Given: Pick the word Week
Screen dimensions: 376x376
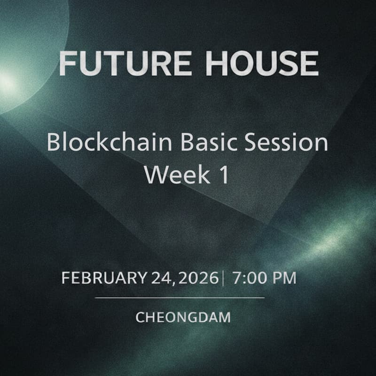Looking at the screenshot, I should point(172,174).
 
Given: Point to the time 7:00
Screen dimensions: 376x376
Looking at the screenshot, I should point(248,278).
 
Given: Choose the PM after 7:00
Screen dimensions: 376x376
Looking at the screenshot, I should point(285,278).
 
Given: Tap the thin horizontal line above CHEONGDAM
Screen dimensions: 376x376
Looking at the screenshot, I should point(180,298).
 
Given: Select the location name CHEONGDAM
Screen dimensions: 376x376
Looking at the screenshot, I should point(183,317).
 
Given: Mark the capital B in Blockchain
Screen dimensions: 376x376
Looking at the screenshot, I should point(53,142).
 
